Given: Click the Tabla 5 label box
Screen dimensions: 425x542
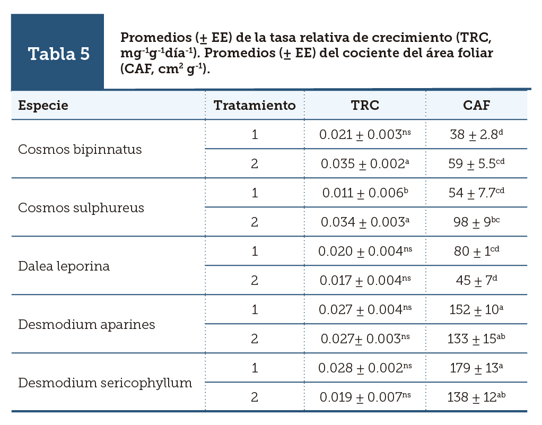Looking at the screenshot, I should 58,54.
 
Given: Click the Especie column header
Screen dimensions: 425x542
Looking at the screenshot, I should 43,105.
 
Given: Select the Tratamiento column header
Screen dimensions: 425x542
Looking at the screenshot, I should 255,105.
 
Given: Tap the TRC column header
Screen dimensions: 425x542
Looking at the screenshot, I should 365,105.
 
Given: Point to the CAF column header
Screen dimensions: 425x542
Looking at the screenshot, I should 476,105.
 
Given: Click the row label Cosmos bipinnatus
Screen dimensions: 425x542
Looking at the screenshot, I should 80,149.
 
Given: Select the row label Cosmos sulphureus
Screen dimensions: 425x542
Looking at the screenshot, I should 81,207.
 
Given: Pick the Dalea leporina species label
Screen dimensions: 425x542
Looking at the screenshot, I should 64,266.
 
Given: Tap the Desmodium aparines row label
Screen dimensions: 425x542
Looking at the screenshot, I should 86,324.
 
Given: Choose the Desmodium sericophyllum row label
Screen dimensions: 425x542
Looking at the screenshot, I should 105,383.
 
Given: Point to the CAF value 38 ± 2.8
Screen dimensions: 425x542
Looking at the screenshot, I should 476,135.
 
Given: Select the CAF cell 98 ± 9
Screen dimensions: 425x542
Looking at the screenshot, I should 476,222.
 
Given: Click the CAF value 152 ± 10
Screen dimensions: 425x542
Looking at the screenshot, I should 476,310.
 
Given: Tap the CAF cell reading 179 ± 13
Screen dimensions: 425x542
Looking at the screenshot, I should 476,368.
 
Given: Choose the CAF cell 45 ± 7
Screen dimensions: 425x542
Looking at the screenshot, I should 476,281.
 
